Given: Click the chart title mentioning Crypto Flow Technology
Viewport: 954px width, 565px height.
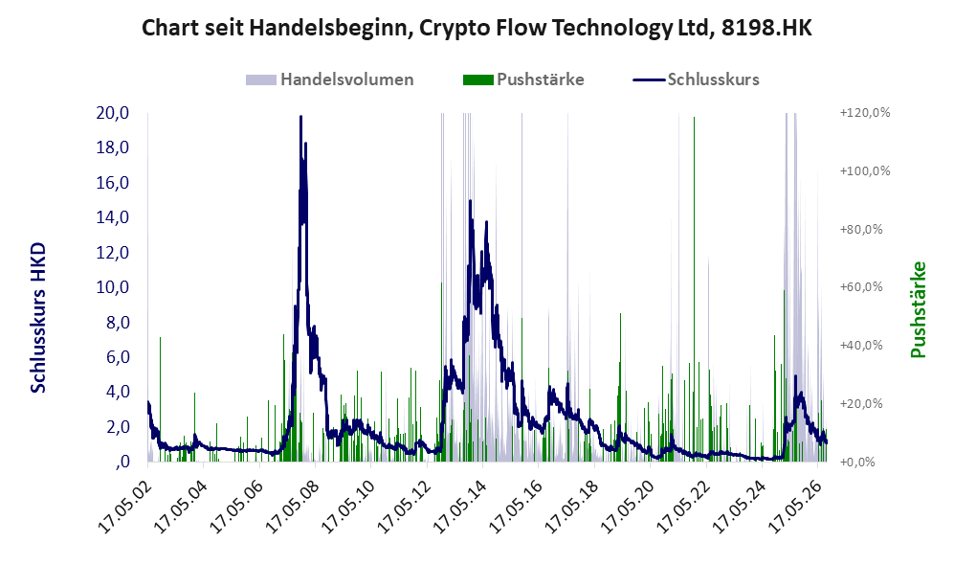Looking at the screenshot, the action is tap(477, 28).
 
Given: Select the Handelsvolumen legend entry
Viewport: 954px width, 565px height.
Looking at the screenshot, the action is tap(330, 79).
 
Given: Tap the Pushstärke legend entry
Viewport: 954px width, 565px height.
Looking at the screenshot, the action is tap(523, 79).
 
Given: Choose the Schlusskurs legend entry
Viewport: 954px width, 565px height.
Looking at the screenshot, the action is tap(696, 79).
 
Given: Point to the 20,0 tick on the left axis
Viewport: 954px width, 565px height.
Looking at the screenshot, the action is tap(113, 113).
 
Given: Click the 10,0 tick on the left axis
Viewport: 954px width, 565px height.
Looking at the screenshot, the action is tap(113, 287).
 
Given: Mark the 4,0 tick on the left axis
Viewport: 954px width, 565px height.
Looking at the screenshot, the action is tap(118, 392).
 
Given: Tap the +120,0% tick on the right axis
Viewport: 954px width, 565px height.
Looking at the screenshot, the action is tap(865, 113).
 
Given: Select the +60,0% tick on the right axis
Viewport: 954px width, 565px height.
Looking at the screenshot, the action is tap(861, 286).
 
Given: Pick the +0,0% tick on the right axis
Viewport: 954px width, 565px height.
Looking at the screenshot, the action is tap(857, 462).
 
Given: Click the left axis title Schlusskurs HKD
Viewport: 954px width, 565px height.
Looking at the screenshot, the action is tap(38, 318).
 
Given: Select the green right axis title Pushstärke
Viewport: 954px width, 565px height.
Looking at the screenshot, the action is tap(918, 310).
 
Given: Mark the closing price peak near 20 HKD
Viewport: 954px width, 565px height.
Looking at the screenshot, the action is tap(300, 117).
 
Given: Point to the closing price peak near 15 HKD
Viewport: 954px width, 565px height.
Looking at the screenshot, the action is tap(470, 201).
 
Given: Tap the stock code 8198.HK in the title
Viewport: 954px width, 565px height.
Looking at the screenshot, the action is tap(766, 28).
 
